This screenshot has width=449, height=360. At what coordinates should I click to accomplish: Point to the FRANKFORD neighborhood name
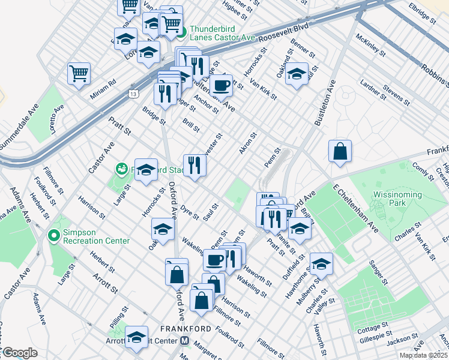point(185,329)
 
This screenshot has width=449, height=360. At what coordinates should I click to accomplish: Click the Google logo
point(19,353)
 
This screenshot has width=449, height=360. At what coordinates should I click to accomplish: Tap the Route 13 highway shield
point(133,93)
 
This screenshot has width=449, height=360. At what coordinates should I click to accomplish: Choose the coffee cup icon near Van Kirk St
point(221,85)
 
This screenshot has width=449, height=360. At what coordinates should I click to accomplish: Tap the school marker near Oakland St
point(297,74)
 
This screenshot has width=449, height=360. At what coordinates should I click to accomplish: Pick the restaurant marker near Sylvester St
point(194,165)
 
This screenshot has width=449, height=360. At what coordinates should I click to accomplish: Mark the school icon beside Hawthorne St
point(321,264)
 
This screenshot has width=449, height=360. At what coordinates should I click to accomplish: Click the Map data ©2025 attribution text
point(423,355)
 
